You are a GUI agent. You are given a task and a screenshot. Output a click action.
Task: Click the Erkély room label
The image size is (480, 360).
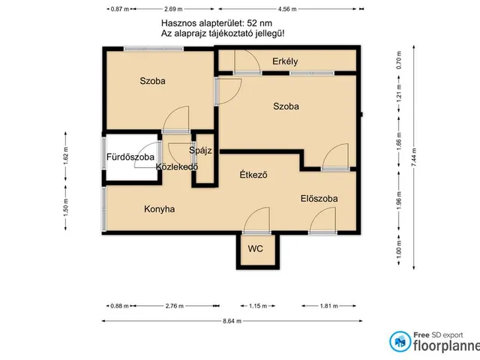[x=285, y=61]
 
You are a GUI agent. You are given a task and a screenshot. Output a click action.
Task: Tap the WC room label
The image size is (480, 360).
[x=255, y=248]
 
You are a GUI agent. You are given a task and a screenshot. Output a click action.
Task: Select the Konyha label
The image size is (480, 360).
[x=160, y=209]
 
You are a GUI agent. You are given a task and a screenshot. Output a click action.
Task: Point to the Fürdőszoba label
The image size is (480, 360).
[x=130, y=157]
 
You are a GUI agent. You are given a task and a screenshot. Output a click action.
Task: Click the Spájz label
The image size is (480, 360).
[x=200, y=151]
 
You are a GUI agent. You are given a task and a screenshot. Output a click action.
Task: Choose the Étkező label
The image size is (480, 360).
[x=253, y=175]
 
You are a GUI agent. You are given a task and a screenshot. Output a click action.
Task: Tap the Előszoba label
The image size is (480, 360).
[x=319, y=199]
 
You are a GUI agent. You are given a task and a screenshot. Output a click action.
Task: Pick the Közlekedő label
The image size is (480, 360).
[x=177, y=166]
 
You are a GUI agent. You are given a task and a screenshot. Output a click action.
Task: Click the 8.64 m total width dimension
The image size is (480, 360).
[x=232, y=321]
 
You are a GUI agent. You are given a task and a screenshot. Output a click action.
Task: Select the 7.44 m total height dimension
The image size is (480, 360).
[x=414, y=157]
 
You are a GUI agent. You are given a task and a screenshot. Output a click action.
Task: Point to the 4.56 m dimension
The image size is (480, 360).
[x=287, y=9]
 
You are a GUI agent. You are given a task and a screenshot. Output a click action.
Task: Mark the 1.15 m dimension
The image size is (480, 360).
[x=258, y=306]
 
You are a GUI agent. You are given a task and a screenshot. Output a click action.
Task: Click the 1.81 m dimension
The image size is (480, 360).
[x=329, y=306]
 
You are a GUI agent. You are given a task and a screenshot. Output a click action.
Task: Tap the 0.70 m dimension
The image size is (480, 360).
[x=398, y=60]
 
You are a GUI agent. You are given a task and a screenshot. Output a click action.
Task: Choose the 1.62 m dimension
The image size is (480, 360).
[x=66, y=157]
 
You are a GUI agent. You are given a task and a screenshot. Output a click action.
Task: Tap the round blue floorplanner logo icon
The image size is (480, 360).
[x=400, y=341]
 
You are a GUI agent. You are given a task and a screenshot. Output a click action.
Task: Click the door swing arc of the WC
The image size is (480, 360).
[x=253, y=214]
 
